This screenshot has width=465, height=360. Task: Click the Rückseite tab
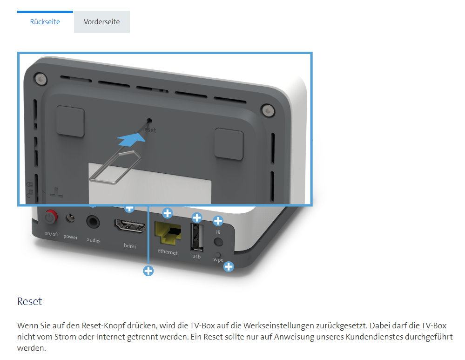click(x=45, y=22)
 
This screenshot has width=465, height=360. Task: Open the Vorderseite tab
click(x=101, y=22)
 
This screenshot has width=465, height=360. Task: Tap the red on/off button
click(x=50, y=217)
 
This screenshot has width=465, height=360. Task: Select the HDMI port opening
click(x=129, y=226)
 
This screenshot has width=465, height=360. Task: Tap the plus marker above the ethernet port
click(x=167, y=214)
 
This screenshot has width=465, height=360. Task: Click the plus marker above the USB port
click(x=197, y=217)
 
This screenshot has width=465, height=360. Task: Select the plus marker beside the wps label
click(x=229, y=266)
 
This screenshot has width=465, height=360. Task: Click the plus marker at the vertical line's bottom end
click(x=148, y=271)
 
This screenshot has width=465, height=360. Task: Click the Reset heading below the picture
click(x=30, y=301)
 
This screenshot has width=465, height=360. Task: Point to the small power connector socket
click(x=71, y=217)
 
